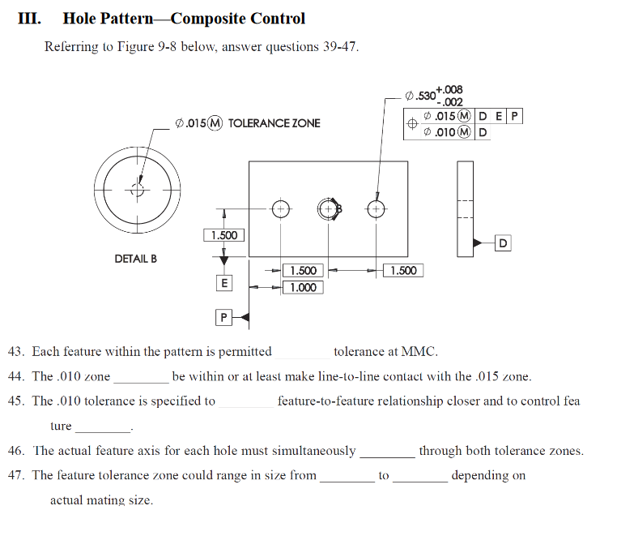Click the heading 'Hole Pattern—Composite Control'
coord(184,19)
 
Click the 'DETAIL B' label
coord(135,259)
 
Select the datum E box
coord(224,283)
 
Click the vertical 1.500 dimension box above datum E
coord(223,235)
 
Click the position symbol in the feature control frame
coord(413,124)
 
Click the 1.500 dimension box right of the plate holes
coord(402,270)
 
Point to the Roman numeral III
coord(30,19)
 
